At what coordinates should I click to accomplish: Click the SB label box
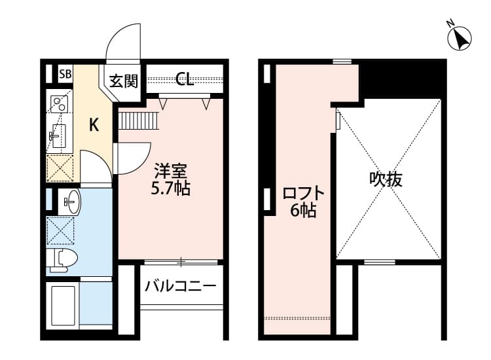click(x=65, y=73)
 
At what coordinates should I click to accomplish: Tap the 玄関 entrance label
click(x=123, y=81)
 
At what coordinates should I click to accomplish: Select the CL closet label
click(x=185, y=81)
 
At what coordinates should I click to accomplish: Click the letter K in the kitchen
click(x=94, y=125)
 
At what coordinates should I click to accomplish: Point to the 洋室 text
click(x=171, y=172)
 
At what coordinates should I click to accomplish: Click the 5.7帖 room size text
click(x=171, y=189)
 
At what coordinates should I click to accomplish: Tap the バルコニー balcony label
click(x=181, y=286)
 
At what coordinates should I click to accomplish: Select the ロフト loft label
click(x=303, y=194)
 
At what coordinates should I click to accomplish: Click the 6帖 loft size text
click(x=304, y=211)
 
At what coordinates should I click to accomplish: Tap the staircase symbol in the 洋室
click(x=139, y=121)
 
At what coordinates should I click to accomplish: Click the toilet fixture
click(x=63, y=258)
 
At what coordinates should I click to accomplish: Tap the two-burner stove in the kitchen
click(x=60, y=104)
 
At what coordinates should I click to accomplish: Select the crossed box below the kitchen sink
click(x=60, y=168)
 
